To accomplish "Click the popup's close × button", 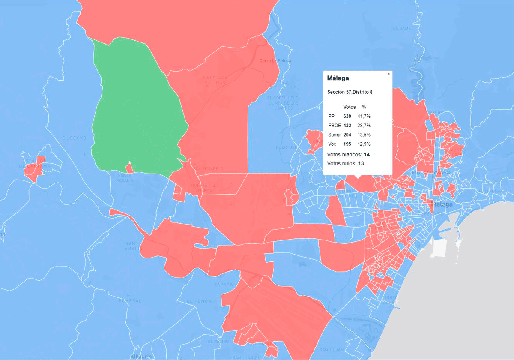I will pos(388,74).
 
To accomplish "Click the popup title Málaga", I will pos(338,78).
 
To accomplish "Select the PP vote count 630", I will pos(347,117).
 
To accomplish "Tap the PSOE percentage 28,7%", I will pos(364,126).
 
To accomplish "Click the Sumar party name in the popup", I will pos(335,135).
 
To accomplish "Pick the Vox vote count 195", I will pos(347,144).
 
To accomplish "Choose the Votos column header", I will pos(350,107).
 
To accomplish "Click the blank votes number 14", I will pos(367,154).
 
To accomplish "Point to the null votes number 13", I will pos(361,164).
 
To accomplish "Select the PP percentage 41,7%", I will pos(364,117).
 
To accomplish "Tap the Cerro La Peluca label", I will pos(275,61).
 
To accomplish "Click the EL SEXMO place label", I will pos(74,138).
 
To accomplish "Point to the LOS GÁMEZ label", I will pos(402,29).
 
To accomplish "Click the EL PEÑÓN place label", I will pos(199,301).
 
